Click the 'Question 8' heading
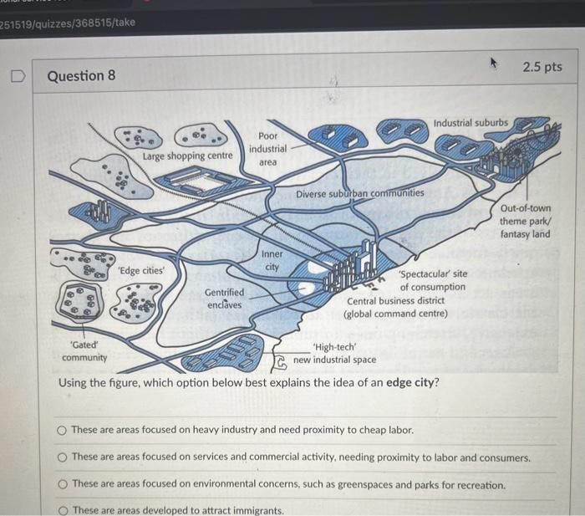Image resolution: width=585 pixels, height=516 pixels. click(81, 76)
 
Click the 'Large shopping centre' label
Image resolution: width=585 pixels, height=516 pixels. click(186, 156)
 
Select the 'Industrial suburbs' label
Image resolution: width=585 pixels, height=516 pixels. click(470, 122)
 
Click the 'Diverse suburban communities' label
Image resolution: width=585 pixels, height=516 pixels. click(360, 193)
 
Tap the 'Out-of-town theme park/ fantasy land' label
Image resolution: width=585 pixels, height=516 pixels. click(526, 221)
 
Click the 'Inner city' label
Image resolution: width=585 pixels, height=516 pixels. click(272, 260)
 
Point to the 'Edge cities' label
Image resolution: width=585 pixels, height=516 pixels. click(141, 270)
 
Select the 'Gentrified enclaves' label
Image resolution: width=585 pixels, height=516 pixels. click(225, 299)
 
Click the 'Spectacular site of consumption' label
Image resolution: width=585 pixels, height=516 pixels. click(433, 280)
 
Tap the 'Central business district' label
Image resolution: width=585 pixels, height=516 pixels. click(396, 300)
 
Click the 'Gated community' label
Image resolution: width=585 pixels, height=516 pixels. click(84, 350)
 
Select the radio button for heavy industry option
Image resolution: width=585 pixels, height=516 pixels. click(62, 430)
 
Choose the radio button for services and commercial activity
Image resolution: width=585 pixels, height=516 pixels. click(62, 457)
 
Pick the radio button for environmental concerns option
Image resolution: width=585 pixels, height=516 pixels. click(62, 484)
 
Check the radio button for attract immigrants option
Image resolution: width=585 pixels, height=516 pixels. click(62, 510)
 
